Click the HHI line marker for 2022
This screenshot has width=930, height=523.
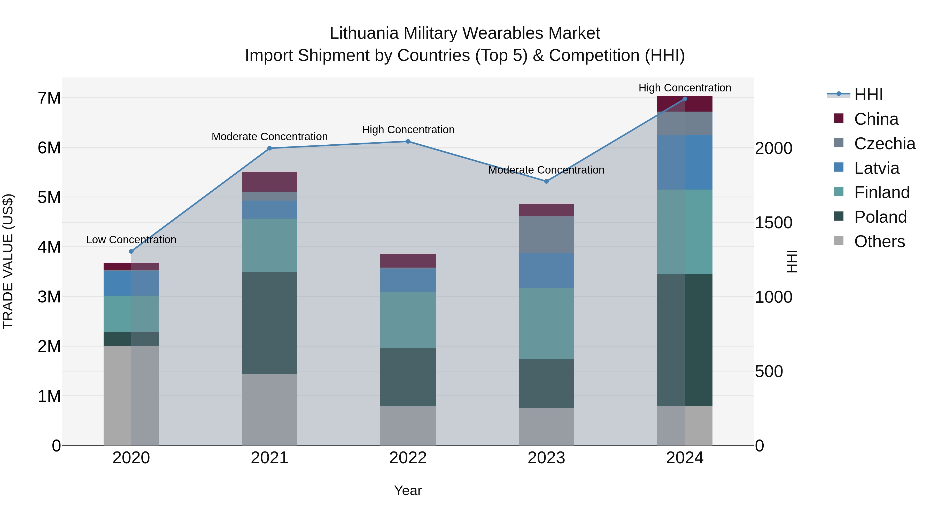[x=408, y=142]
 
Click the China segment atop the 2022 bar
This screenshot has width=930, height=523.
[x=408, y=261]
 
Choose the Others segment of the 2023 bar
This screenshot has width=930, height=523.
[x=546, y=427]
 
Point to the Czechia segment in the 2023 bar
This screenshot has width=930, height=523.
[x=546, y=235]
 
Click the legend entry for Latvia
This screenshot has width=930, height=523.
[x=876, y=168]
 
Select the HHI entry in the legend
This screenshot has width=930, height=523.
[x=868, y=95]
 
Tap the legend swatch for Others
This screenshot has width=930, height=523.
[x=839, y=241]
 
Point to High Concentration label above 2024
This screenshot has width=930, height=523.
[x=685, y=88]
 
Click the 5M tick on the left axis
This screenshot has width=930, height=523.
[x=49, y=197]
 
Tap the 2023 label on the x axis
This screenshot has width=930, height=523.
[x=546, y=458]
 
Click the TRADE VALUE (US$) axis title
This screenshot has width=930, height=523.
[x=8, y=261]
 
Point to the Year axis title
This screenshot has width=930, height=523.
[x=408, y=490]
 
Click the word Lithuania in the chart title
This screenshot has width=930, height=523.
[x=365, y=33]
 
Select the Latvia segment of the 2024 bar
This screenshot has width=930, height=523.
[x=685, y=162]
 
